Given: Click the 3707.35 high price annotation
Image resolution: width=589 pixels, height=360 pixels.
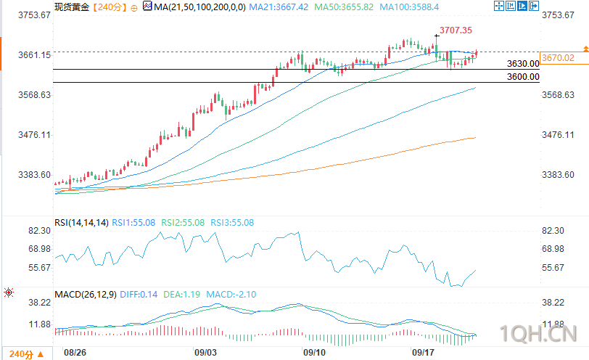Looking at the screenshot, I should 456,30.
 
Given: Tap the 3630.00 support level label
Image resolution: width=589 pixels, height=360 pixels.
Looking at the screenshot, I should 523,64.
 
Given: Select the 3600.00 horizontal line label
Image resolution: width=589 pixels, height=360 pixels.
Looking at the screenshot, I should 523,77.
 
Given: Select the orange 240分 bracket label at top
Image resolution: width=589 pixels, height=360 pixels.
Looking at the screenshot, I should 110,7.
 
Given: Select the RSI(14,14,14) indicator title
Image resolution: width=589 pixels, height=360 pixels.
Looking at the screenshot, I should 81,223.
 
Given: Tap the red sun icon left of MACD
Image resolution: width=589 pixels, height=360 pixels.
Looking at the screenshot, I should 9,293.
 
